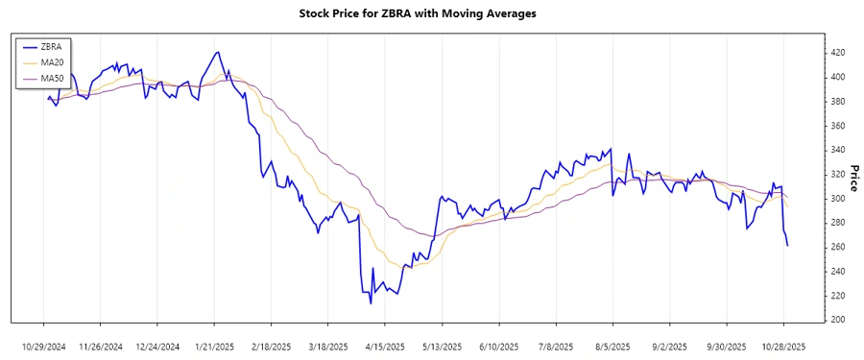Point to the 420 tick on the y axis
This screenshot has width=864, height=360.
(x=838, y=52)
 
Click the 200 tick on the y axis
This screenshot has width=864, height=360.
(x=838, y=320)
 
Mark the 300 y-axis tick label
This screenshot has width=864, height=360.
(x=838, y=198)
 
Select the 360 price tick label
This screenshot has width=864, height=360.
(x=838, y=125)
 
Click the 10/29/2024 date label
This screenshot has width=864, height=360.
(x=43, y=347)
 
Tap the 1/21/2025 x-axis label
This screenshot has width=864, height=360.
(x=214, y=347)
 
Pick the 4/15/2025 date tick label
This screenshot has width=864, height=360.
(x=385, y=347)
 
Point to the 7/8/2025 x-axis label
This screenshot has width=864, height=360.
(x=556, y=347)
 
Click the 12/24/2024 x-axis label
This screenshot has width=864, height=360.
(x=157, y=347)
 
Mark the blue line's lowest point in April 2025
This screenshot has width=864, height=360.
(x=371, y=303)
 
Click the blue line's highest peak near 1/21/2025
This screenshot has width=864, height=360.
(x=219, y=52)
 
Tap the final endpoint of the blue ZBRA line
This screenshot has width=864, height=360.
(x=787, y=246)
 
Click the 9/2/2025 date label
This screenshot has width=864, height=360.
(x=670, y=347)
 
